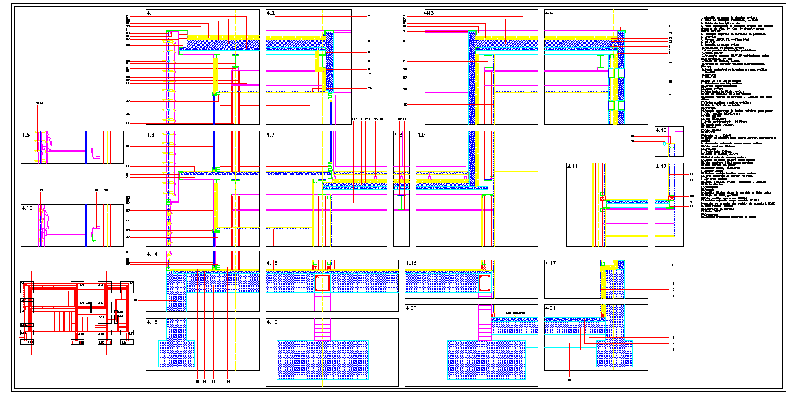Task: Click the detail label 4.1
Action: pos(152,13)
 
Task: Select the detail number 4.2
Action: pos(271,13)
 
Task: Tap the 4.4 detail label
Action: pos(549,13)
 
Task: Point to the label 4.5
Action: pos(26,135)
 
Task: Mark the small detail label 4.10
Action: pos(661,130)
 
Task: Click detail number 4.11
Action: pos(573,166)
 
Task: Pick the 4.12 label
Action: pos(661,166)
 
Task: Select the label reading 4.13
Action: pos(27,208)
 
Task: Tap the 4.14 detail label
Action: pos(153,254)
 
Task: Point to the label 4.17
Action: pos(551,264)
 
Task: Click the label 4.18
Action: pos(153,322)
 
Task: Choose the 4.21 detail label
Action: pos(551,308)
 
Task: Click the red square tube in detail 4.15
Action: pos(323,284)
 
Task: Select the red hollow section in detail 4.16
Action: pos(484,283)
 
